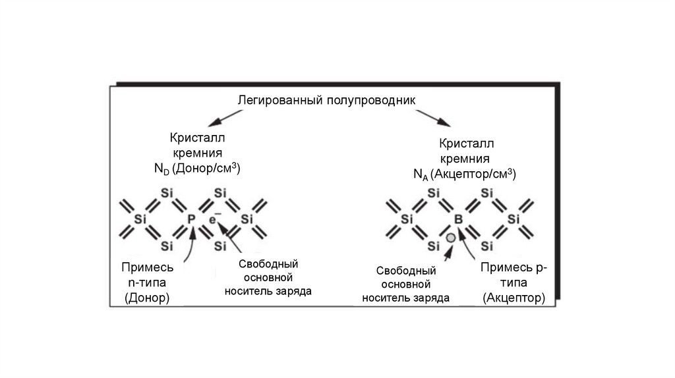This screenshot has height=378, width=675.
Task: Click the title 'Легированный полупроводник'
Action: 327,101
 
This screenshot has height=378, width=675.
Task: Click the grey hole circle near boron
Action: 451,238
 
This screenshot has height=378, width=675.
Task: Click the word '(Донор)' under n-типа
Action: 147,298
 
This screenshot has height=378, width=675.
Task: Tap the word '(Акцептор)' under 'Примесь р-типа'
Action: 514,298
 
